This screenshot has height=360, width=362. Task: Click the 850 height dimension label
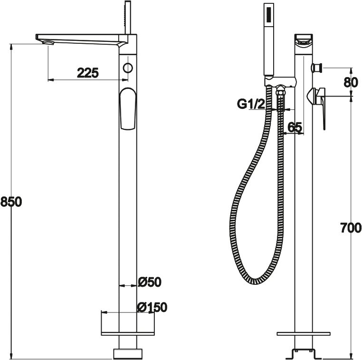pos(11,202)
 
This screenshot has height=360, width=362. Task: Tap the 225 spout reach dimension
pos(88,73)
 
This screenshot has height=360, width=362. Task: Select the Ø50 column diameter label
pos(150,282)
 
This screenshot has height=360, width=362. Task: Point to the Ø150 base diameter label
pos(152,307)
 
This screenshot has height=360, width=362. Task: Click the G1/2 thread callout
pos(251,104)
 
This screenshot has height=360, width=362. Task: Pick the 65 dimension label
pos(295,127)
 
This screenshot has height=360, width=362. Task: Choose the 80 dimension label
pos(351,82)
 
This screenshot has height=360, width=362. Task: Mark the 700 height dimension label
pos(351,228)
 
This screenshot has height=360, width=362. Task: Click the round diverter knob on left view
pos(128,68)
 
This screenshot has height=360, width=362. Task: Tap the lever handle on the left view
pos(128,108)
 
